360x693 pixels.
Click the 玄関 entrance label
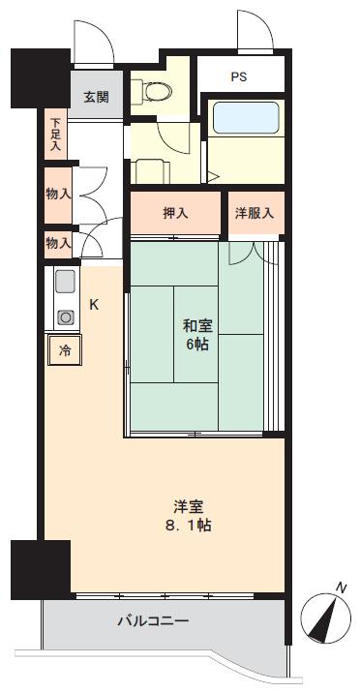point(95,97)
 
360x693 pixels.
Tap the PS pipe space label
point(238,75)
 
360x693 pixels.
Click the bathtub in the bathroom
point(244,119)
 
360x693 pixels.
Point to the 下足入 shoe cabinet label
point(56,135)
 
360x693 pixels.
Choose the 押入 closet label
point(175,213)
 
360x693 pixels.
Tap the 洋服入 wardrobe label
point(255,213)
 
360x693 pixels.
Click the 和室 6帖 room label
point(196,335)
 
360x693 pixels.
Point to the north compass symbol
point(326,615)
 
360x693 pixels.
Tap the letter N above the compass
point(341,587)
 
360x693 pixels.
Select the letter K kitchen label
point(94,304)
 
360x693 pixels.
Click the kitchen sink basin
point(65,283)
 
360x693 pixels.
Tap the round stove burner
point(65,316)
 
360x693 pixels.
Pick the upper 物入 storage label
point(57,193)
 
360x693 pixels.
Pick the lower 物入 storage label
point(57,245)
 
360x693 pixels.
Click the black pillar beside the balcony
point(41,570)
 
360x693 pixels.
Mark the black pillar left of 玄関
point(39,77)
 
